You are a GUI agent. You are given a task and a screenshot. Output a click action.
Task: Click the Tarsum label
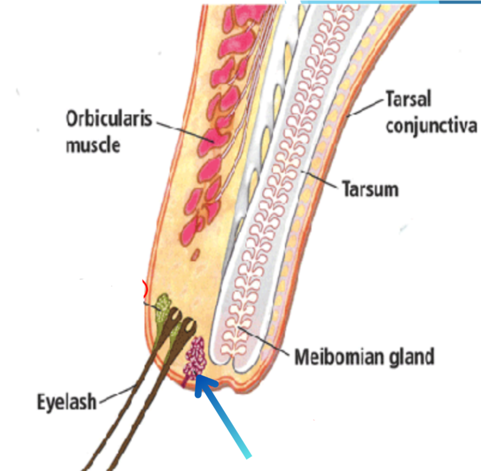pyautogui.click(x=369, y=189)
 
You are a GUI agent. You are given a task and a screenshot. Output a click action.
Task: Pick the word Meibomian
pyautogui.click(x=339, y=356)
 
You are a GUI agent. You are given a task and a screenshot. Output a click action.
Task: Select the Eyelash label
pyautogui.click(x=67, y=401)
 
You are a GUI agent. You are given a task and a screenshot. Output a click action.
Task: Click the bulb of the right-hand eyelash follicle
pyautogui.click(x=190, y=324)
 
